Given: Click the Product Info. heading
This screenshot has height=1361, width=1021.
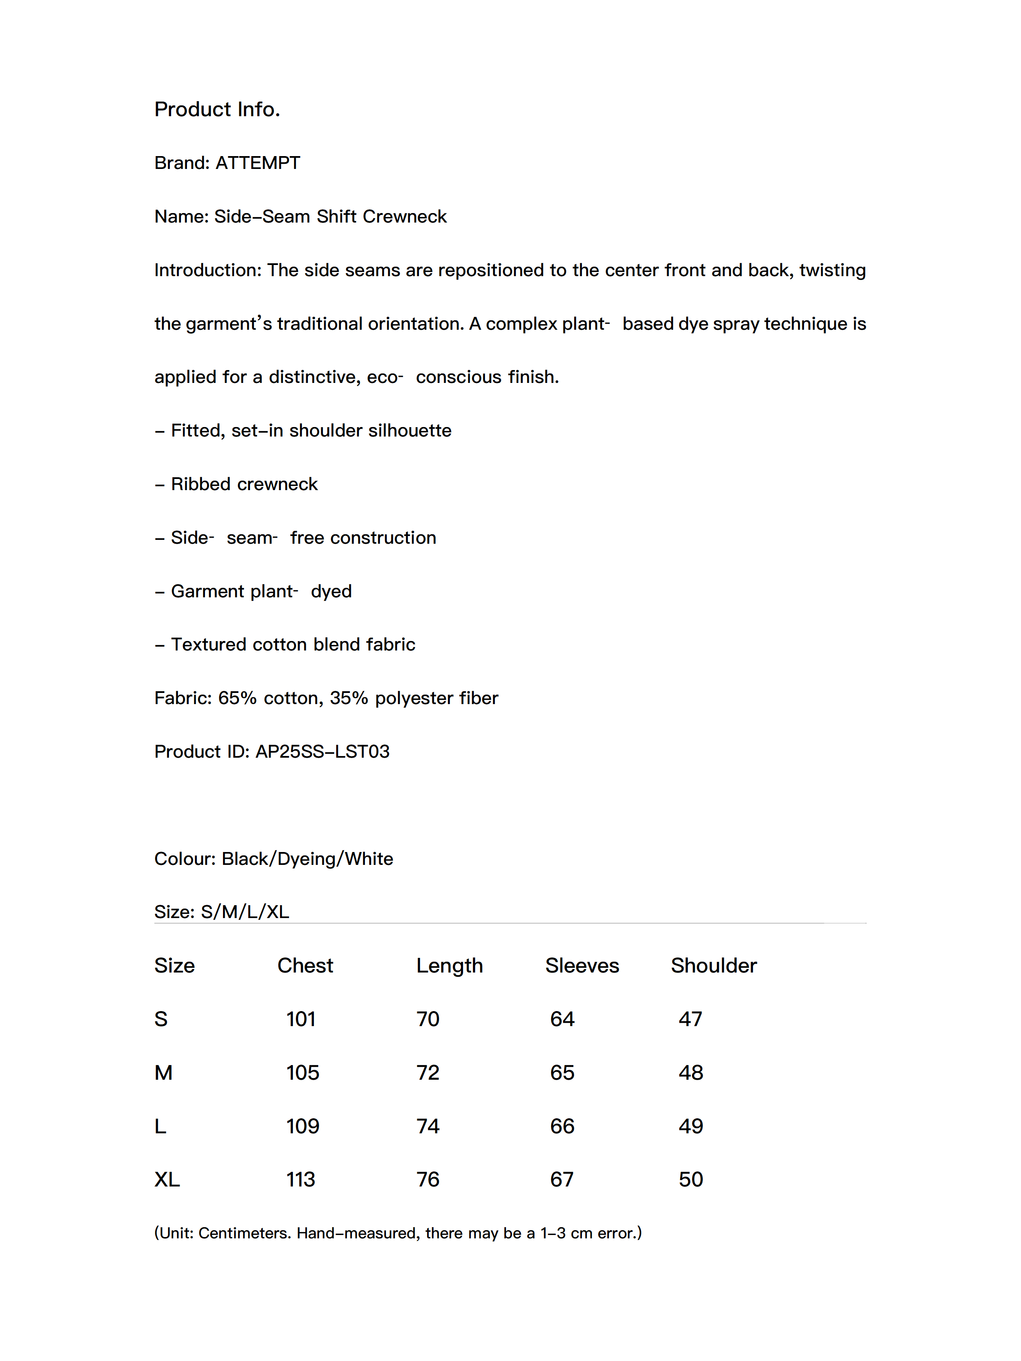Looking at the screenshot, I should pyautogui.click(x=217, y=109).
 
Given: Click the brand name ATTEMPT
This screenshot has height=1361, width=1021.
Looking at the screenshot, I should pyautogui.click(x=257, y=163).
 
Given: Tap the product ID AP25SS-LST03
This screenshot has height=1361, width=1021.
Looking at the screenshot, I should pyautogui.click(x=322, y=752).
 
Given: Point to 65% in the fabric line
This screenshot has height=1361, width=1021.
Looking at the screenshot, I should pyautogui.click(x=237, y=699).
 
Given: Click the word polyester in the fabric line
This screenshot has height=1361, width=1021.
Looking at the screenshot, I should pyautogui.click(x=409, y=699).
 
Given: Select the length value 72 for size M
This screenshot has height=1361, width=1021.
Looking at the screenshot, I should pyautogui.click(x=428, y=1073).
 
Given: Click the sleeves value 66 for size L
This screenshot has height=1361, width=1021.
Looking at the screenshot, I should pyautogui.click(x=562, y=1126).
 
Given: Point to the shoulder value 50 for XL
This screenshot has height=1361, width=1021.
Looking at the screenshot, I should pyautogui.click(x=690, y=1180).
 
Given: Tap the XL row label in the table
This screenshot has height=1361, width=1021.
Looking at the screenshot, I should pyautogui.click(x=167, y=1180).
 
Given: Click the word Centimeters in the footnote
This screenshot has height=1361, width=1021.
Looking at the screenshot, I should pyautogui.click(x=244, y=1233).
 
